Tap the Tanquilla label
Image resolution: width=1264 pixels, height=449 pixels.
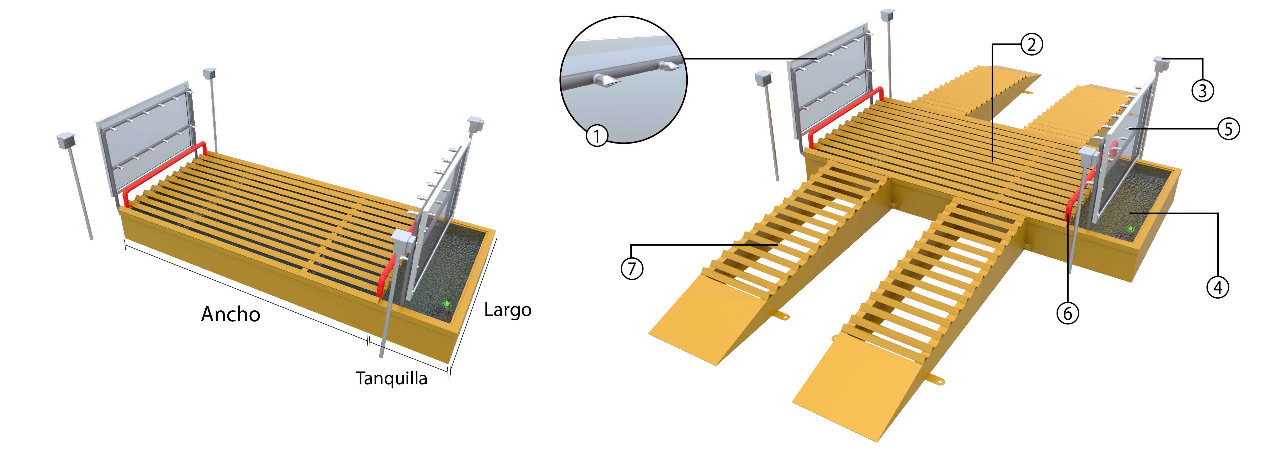click(x=391, y=378)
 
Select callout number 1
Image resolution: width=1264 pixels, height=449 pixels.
click(x=597, y=135)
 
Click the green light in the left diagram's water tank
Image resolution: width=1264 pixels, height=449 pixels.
click(x=447, y=304)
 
